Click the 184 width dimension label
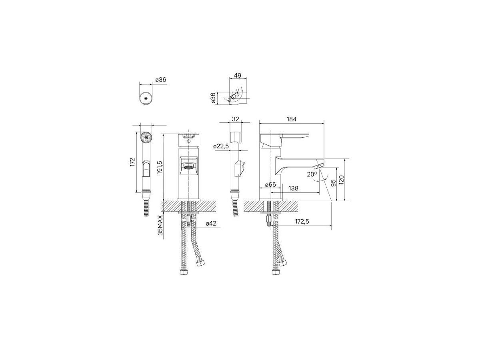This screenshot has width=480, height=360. (x=292, y=119)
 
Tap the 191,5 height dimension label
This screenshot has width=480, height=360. (x=160, y=168)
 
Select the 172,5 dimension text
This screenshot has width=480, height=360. (x=302, y=222)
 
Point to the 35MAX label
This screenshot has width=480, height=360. (x=160, y=225)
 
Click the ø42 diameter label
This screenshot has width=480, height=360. (x=211, y=223)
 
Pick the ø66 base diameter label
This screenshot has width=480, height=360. (x=270, y=184)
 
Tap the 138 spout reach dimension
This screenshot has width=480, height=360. (x=293, y=188)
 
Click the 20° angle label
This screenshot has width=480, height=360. (x=312, y=174)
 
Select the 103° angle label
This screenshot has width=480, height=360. (x=235, y=95)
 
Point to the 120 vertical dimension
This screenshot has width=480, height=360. (x=341, y=180)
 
